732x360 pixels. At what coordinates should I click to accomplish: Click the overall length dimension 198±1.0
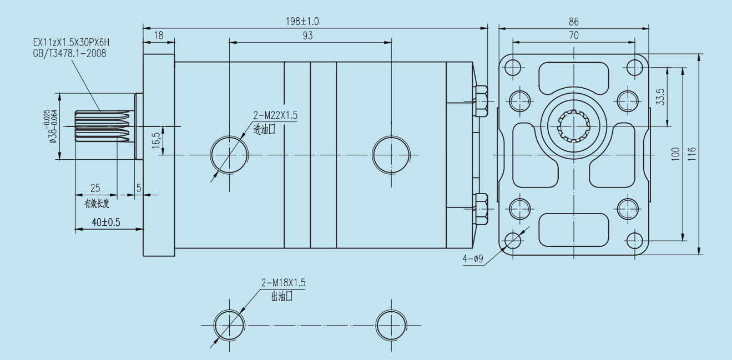click(x=302, y=22)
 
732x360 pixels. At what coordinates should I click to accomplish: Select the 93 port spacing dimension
click(x=307, y=36)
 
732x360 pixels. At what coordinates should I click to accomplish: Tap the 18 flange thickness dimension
click(x=159, y=36)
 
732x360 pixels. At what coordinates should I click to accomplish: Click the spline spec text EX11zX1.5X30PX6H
click(x=71, y=43)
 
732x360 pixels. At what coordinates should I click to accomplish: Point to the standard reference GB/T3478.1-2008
click(x=69, y=53)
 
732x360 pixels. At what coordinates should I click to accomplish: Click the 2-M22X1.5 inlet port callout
click(x=275, y=115)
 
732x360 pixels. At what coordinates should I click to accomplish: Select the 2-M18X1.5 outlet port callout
click(x=284, y=283)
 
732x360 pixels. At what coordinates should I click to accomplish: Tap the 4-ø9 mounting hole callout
click(x=472, y=259)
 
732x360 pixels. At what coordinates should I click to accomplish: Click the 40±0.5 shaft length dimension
click(x=106, y=222)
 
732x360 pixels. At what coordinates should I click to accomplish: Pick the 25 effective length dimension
click(x=95, y=188)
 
